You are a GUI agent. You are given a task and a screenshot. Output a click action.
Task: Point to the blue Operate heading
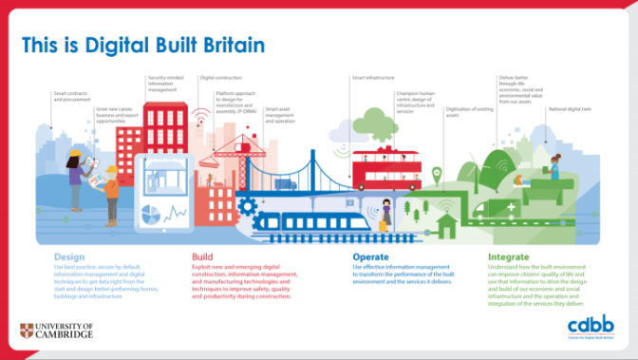[x=370, y=256]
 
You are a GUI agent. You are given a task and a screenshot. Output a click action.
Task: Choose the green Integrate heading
[x=508, y=256]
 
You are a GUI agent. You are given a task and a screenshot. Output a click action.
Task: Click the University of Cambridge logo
[x=56, y=331]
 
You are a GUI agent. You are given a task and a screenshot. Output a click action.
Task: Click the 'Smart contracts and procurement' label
[x=72, y=97]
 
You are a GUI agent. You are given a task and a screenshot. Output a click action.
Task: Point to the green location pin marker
[x=436, y=175]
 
